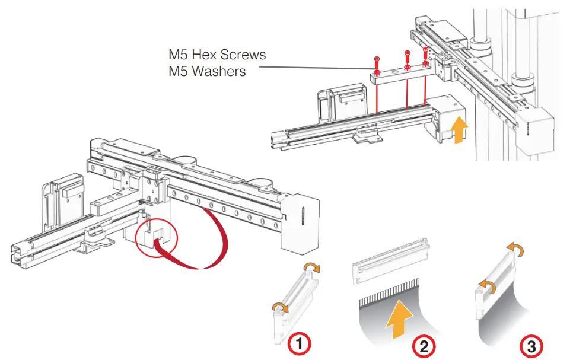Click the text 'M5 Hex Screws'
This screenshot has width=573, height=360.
(217, 55)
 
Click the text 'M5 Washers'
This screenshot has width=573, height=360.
(207, 72)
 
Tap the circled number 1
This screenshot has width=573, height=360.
(300, 343)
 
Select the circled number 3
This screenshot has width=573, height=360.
(531, 345)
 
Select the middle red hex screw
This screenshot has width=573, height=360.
(407, 59)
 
